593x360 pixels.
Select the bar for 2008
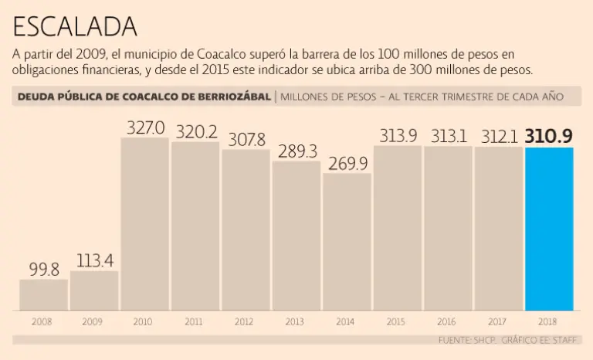click(x=43, y=294)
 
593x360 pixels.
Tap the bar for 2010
click(x=144, y=224)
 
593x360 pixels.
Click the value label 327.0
click(x=145, y=127)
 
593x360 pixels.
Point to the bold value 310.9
click(x=549, y=137)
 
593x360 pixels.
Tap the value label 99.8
click(x=44, y=269)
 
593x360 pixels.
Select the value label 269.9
click(x=347, y=163)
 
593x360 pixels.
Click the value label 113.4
click(x=95, y=260)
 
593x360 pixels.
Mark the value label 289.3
click(x=296, y=151)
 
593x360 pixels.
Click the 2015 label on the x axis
click(x=397, y=321)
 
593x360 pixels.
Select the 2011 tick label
click(x=194, y=321)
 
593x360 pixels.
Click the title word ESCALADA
click(x=75, y=27)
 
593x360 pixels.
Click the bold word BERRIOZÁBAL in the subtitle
click(x=233, y=97)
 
